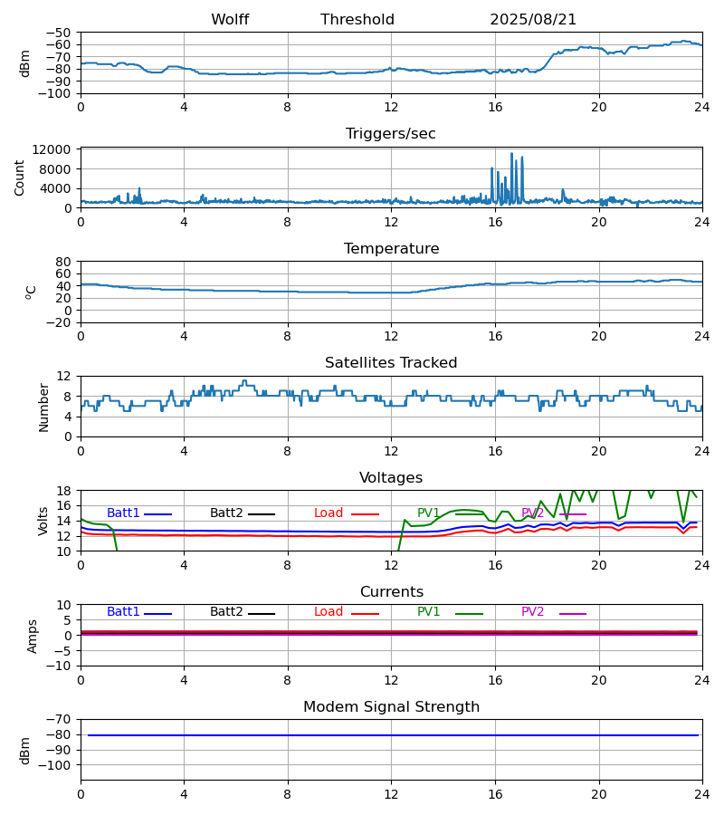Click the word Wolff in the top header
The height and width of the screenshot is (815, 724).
click(x=230, y=20)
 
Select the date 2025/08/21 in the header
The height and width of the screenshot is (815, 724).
click(x=533, y=20)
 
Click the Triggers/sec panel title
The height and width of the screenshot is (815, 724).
click(x=391, y=134)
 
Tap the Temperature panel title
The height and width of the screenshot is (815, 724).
click(x=391, y=249)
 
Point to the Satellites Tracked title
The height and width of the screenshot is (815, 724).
click(x=391, y=363)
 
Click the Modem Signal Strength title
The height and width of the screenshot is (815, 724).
click(x=391, y=707)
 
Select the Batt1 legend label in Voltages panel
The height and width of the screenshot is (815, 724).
click(x=123, y=513)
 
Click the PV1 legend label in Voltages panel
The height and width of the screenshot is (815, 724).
click(x=428, y=513)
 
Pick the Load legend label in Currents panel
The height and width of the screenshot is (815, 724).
click(x=329, y=612)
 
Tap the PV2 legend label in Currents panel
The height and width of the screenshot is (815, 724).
click(x=533, y=612)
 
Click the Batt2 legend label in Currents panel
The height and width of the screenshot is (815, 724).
click(x=226, y=612)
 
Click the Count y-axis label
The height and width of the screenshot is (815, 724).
click(x=20, y=177)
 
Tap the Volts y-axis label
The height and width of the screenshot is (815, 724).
click(x=43, y=521)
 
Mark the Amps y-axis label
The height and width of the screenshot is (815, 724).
click(x=33, y=636)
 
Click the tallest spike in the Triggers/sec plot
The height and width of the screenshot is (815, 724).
click(x=511, y=155)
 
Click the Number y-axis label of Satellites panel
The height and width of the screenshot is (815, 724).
click(x=43, y=407)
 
